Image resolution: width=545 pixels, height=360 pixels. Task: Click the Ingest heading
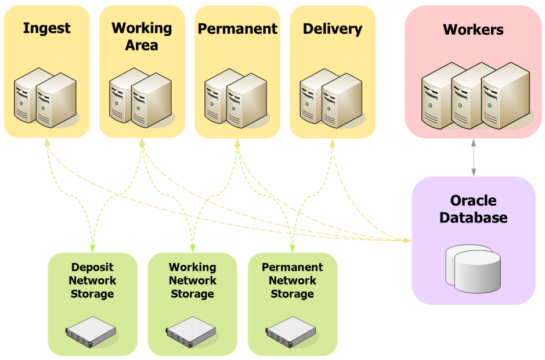[46, 28]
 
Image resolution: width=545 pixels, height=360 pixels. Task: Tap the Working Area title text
[142, 36]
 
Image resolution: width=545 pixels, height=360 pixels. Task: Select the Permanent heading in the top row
[237, 28]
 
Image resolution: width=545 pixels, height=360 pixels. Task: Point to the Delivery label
[332, 28]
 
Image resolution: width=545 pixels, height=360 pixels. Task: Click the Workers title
[473, 30]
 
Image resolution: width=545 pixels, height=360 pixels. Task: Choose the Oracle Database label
[473, 209]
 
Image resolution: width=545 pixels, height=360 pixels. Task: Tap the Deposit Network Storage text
[92, 280]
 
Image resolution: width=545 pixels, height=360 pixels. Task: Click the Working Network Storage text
[192, 280]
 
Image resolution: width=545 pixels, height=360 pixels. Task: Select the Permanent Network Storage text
[292, 280]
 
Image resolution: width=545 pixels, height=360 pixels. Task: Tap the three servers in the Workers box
[475, 93]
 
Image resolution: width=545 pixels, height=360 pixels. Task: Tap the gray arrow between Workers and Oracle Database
[474, 157]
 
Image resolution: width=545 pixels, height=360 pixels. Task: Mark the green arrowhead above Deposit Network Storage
[92, 249]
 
